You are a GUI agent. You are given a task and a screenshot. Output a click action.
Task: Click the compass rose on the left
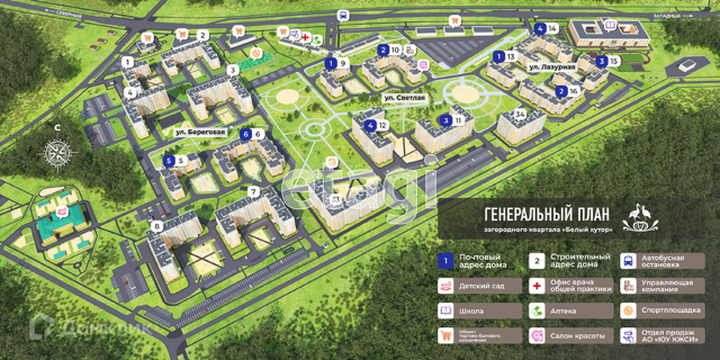[x=57, y=152]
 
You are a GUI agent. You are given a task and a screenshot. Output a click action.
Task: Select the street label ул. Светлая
[x=404, y=97]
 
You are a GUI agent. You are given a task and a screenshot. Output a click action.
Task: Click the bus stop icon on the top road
[x=343, y=15]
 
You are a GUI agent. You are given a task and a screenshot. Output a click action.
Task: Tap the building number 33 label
[x=335, y=198]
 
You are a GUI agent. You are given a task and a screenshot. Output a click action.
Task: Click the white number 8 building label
[x=157, y=226]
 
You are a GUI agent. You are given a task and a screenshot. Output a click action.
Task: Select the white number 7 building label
[x=253, y=192]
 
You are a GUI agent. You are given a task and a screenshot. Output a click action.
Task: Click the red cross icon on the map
[x=304, y=34]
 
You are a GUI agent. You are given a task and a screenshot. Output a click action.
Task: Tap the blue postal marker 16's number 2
[x=561, y=91]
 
